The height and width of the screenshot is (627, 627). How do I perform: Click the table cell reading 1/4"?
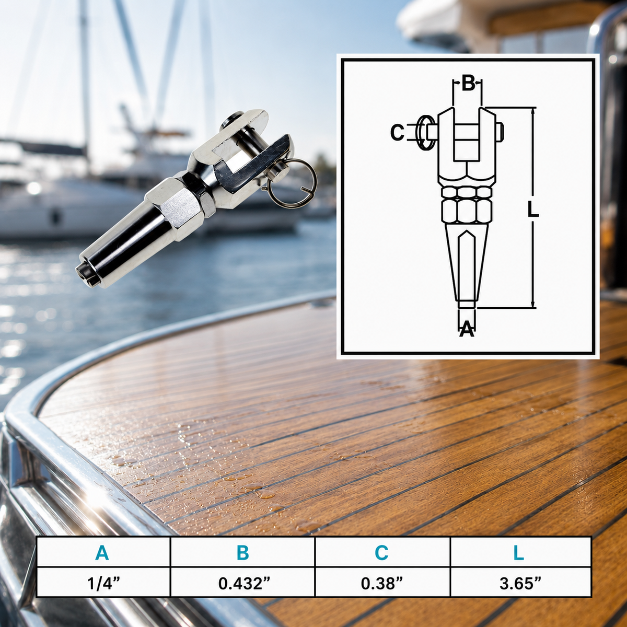pyautogui.click(x=103, y=584)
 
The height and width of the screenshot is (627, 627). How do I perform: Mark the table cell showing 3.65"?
pyautogui.click(x=520, y=584)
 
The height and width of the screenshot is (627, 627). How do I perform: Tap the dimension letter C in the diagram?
pyautogui.click(x=397, y=133)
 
